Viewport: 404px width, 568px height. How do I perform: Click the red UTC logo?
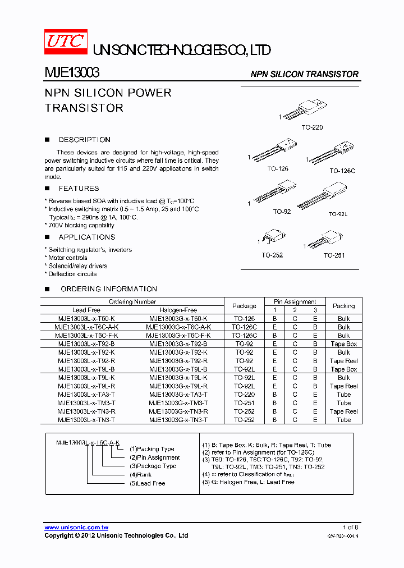[66, 42]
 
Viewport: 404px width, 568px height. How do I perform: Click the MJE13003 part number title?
[72, 73]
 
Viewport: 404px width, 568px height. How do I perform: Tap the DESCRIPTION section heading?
[84, 140]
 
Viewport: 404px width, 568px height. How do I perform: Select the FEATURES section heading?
[79, 189]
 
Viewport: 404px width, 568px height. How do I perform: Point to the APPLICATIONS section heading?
[87, 237]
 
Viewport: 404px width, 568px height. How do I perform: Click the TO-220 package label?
[312, 128]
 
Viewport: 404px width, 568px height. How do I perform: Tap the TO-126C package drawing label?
[342, 171]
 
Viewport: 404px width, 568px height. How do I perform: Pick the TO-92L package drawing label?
[338, 214]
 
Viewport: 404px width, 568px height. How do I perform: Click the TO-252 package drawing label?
[272, 255]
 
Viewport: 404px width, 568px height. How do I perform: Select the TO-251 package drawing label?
[334, 255]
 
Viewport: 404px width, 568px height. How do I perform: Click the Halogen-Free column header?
[178, 310]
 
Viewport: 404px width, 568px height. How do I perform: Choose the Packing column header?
[343, 306]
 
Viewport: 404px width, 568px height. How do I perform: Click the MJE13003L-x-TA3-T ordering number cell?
[86, 395]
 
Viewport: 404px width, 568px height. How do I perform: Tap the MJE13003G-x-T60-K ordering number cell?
[178, 318]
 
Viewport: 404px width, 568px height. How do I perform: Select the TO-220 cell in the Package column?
[244, 395]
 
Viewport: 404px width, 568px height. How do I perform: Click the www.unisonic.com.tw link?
[76, 528]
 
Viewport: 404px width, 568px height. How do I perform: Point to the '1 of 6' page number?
[350, 528]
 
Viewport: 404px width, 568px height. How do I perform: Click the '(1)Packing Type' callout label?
[152, 449]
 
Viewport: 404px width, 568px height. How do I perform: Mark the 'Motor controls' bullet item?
[68, 258]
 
